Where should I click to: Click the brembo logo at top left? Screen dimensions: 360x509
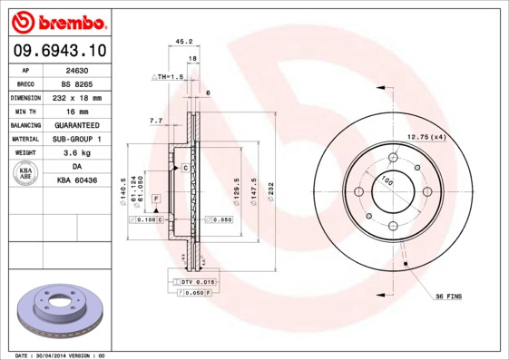57,19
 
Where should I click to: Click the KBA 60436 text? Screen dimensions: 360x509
77,180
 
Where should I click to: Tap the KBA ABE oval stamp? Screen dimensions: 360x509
26,174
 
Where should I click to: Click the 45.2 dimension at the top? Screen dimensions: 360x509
182,41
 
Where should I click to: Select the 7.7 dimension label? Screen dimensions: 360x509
155,120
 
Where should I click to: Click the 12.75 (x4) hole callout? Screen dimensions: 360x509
426,136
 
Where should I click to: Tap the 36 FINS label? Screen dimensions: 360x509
449,297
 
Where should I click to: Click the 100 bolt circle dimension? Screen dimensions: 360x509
388,181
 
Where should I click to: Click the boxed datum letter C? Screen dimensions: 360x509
185,168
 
